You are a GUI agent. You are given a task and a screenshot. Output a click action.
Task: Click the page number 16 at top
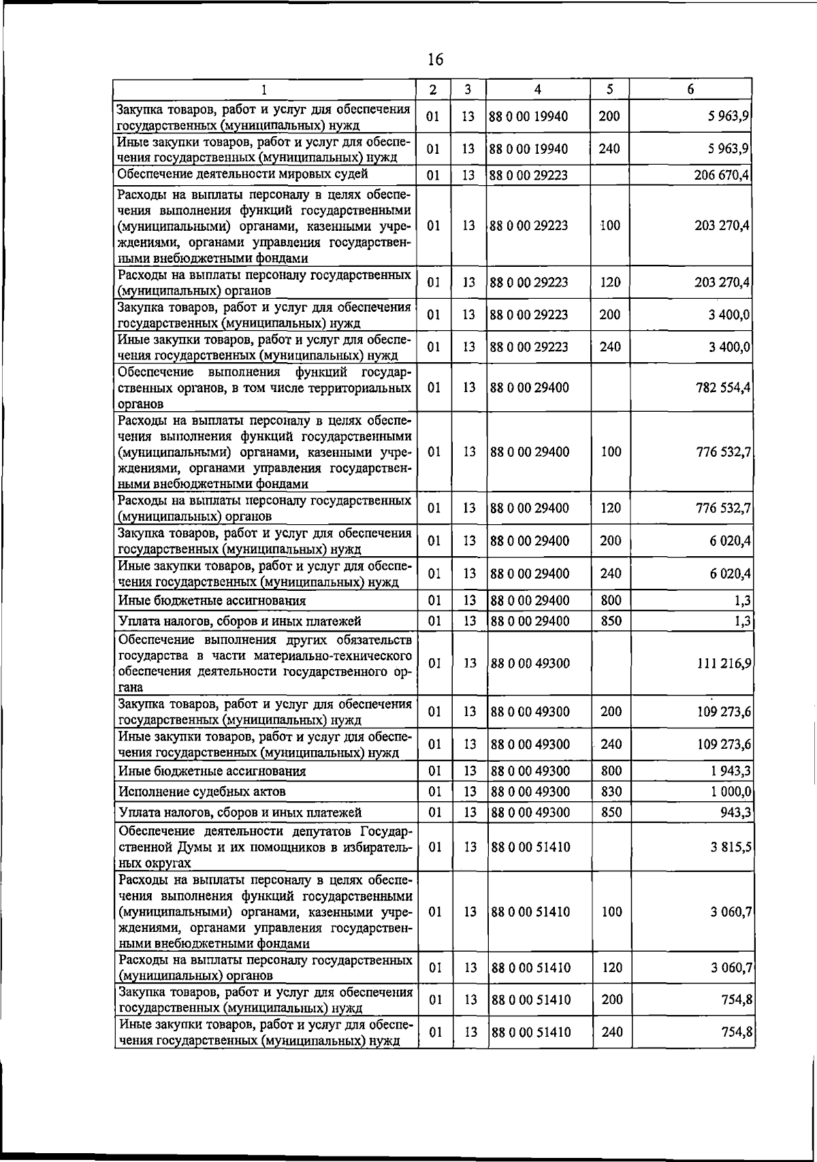pyautogui.click(x=435, y=60)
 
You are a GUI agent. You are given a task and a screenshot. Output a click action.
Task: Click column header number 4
pyautogui.click(x=537, y=89)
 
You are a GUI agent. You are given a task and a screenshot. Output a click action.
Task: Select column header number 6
pyautogui.click(x=690, y=89)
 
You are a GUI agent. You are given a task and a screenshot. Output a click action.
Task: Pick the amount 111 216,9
pyautogui.click(x=723, y=663)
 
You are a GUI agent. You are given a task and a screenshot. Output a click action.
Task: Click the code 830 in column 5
pyautogui.click(x=611, y=792)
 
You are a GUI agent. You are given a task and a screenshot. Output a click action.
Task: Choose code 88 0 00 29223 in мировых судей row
pyautogui.click(x=529, y=175)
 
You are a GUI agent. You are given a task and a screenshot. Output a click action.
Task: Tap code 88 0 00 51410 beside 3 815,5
pyautogui.click(x=530, y=847)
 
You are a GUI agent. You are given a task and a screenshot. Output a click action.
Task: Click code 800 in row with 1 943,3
pyautogui.click(x=611, y=771)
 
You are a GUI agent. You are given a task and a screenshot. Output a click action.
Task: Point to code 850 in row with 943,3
pyautogui.click(x=611, y=812)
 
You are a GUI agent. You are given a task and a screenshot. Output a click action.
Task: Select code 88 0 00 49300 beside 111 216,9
pyautogui.click(x=530, y=663)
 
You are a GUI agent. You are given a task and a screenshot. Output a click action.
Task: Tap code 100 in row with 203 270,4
pyautogui.click(x=610, y=225)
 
